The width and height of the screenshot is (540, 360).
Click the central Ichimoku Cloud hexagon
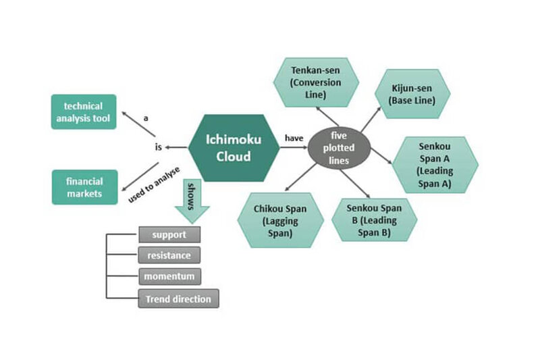pyautogui.click(x=225, y=147)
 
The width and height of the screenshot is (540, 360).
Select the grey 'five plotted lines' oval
pyautogui.click(x=340, y=146)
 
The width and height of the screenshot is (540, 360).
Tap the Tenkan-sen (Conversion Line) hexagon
pyautogui.click(x=316, y=82)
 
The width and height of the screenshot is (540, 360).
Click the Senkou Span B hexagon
pyautogui.click(x=374, y=220)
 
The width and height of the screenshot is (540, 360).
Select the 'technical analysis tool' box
pyautogui.click(x=84, y=111)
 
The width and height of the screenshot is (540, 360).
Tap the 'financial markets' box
pyautogui.click(x=84, y=187)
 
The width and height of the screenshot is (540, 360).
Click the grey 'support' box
pyautogui.click(x=169, y=234)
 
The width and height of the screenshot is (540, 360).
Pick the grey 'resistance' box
pyautogui.click(x=169, y=255)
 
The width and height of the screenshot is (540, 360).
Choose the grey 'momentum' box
pyautogui.click(x=169, y=277)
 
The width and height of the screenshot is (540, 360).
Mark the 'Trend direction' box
pyautogui.click(x=178, y=299)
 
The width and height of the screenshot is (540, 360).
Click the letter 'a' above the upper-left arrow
pyautogui.click(x=144, y=118)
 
